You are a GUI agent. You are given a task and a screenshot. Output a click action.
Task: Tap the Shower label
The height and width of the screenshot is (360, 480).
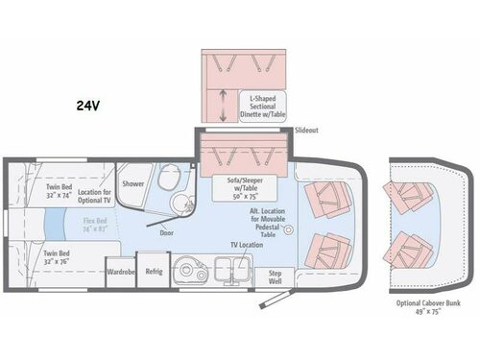point(132,181)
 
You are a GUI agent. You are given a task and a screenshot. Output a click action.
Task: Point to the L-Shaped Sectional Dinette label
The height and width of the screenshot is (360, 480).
point(264,105)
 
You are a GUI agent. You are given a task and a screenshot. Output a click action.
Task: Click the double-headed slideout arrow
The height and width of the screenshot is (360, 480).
point(224,104)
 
